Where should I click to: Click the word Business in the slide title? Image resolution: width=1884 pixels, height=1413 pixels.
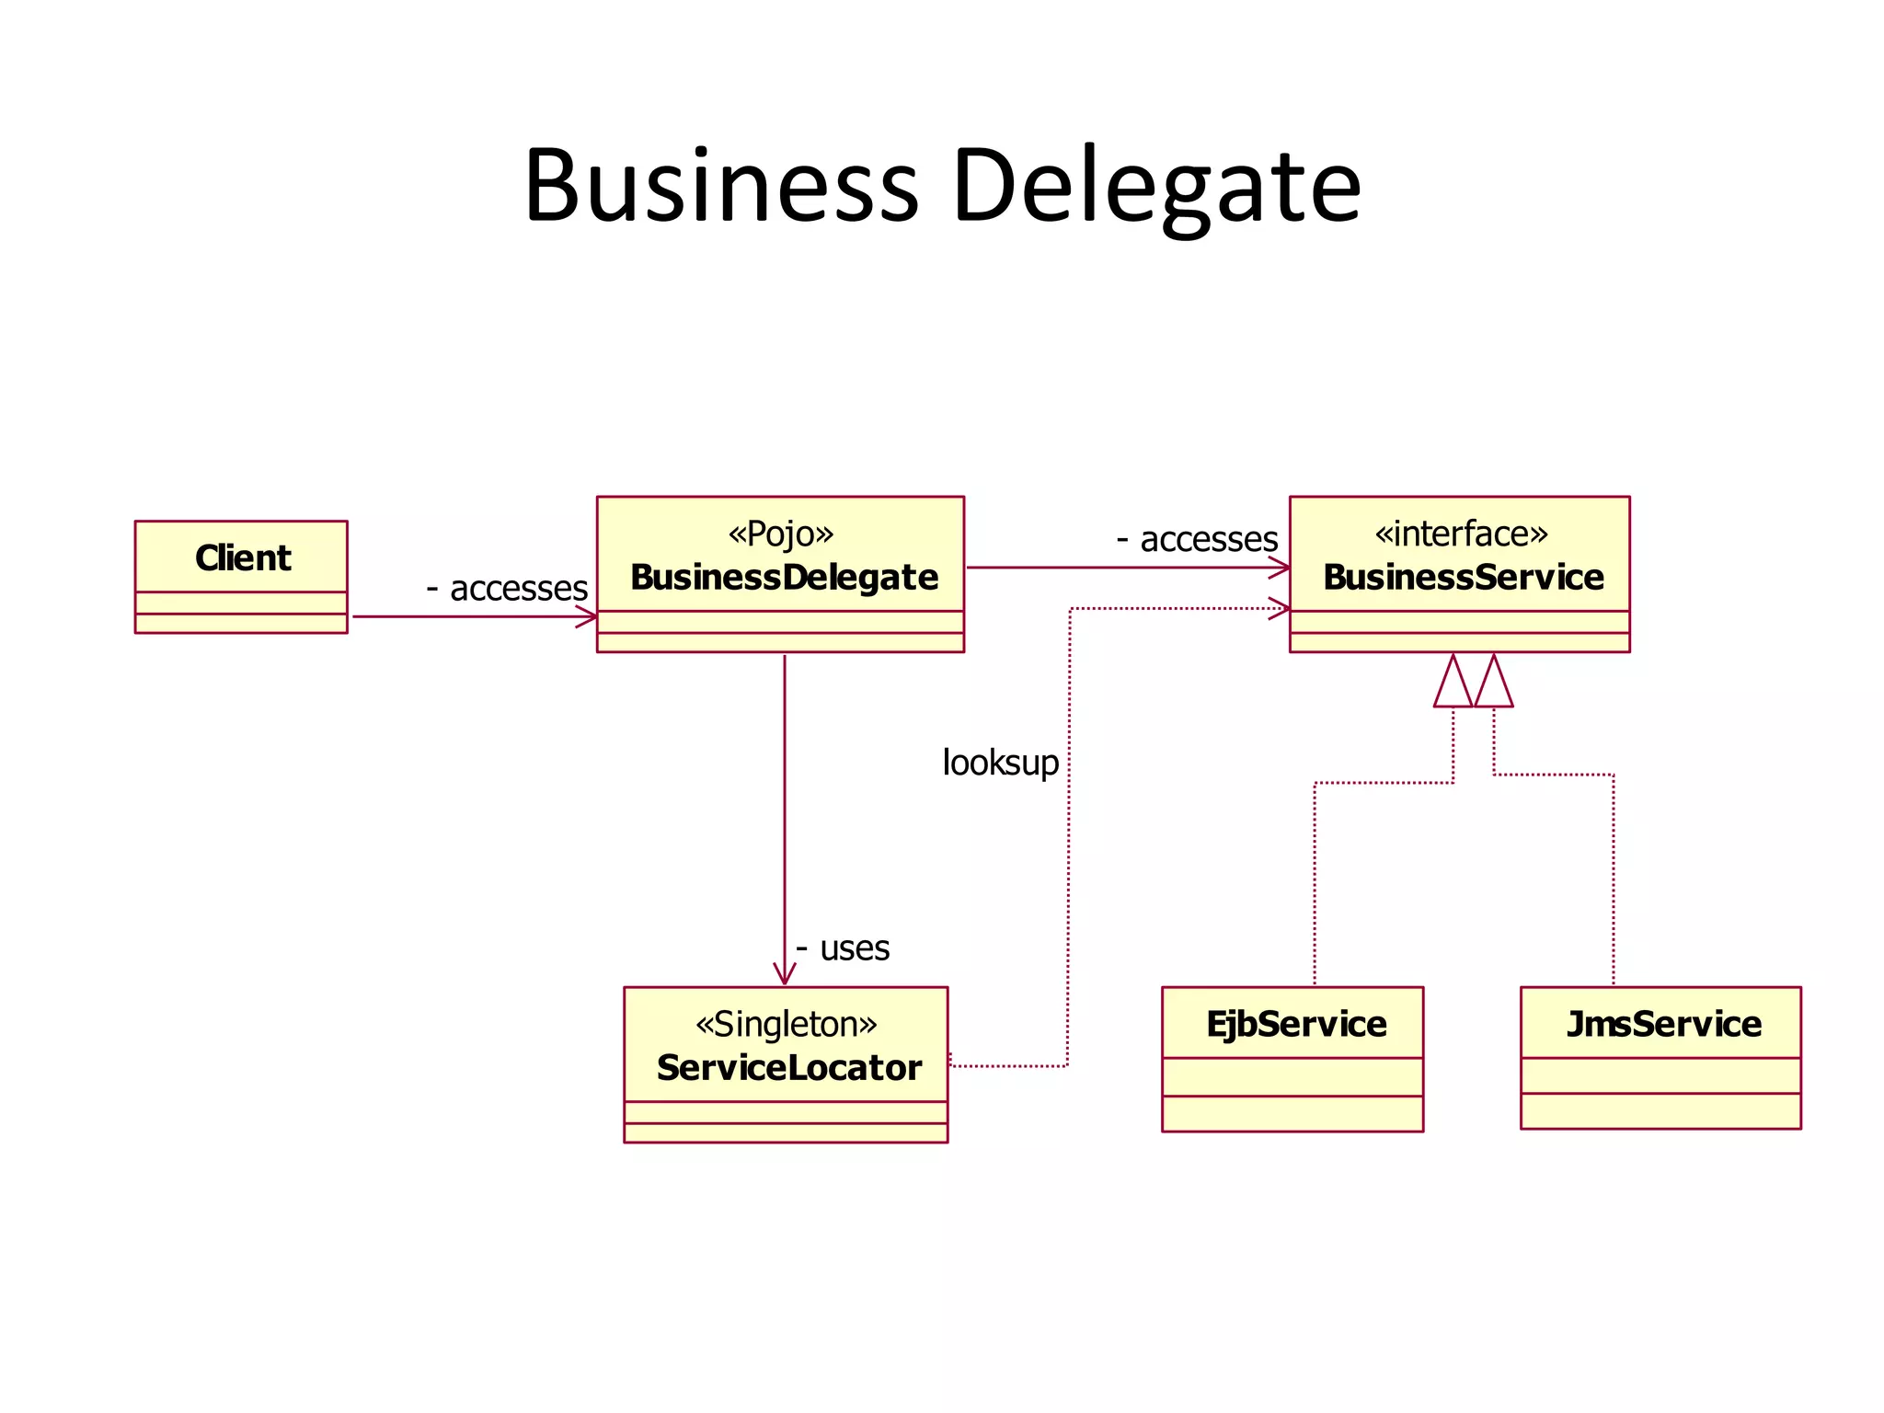[721, 186]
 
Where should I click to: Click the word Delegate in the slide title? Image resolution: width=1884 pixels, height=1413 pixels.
[1156, 186]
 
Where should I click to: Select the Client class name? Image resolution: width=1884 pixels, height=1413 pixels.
[243, 557]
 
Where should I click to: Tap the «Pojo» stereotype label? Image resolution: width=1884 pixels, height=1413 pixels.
[780, 534]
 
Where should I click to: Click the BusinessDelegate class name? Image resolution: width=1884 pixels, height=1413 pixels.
[784, 578]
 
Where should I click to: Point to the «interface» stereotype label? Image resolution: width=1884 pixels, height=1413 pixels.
[1461, 534]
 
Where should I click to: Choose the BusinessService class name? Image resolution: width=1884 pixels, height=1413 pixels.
[1463, 578]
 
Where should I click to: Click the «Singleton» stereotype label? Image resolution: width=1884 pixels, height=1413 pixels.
[786, 1024]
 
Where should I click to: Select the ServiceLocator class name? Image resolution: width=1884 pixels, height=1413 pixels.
[788, 1068]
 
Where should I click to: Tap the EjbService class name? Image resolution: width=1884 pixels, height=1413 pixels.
[1295, 1024]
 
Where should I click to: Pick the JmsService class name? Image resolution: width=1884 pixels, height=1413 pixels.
[1663, 1024]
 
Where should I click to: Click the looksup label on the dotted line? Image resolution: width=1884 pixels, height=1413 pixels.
[1001, 763]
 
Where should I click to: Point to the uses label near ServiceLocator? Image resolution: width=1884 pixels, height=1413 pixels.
[854, 948]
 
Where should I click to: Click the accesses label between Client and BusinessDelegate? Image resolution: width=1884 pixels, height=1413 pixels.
[518, 588]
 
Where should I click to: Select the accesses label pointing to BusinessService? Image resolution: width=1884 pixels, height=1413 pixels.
[1208, 539]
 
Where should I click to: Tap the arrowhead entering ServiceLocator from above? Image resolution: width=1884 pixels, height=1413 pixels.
[785, 975]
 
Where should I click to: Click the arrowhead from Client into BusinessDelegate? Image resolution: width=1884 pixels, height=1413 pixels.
[587, 616]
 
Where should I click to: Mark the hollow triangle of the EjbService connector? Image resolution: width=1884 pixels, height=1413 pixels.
[1453, 683]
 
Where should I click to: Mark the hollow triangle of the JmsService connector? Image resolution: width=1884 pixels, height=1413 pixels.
[1493, 683]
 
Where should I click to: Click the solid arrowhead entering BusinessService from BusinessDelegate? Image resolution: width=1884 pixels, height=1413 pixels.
[1280, 568]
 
